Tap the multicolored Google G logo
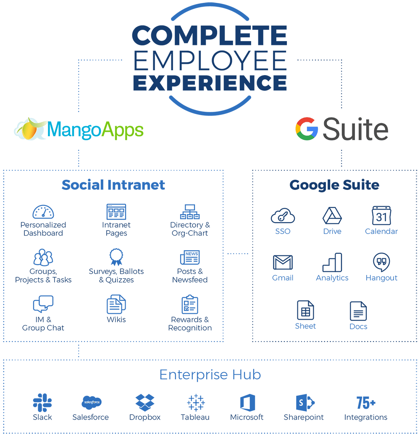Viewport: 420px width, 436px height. pos(307,129)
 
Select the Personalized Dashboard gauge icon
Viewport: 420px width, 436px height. pos(43,212)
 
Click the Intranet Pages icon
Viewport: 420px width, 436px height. pos(116,212)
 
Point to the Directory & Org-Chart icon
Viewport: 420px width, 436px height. pos(190,212)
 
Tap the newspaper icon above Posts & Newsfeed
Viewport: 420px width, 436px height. pos(190,257)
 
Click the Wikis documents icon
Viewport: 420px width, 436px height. pos(116,304)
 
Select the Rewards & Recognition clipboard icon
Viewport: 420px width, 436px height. pos(190,304)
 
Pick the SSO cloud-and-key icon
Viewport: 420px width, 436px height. pos(283,215)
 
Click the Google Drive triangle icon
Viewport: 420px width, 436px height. pos(332,215)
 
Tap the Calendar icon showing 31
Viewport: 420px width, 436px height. pos(381,215)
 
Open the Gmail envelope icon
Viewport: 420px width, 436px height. pos(283,262)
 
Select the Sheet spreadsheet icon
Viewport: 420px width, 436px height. pos(305,310)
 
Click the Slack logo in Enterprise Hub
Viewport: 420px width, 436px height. pos(42,402)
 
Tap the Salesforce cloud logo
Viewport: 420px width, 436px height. pos(92,402)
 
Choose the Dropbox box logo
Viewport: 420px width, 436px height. pos(145,402)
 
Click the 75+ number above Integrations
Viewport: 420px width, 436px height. pos(366,403)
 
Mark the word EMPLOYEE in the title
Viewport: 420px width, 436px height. pos(210,60)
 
